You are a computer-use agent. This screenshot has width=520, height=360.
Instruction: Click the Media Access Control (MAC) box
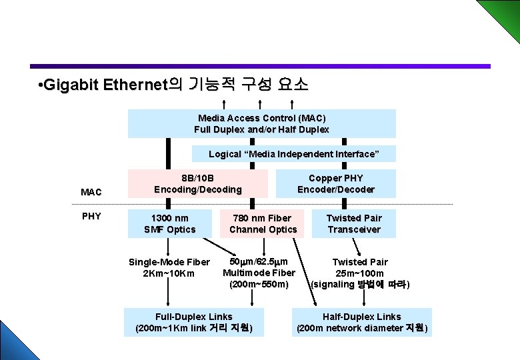click(261, 123)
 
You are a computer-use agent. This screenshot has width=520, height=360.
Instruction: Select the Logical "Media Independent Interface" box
click(293, 154)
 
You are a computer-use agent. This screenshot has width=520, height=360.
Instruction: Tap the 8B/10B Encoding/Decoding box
click(198, 183)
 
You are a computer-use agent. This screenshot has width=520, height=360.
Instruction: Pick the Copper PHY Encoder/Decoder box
click(335, 183)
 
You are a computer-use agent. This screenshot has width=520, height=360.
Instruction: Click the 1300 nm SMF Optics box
click(170, 223)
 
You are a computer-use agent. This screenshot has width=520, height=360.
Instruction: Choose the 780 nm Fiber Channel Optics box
click(263, 223)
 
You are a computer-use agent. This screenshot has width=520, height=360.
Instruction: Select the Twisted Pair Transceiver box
click(353, 223)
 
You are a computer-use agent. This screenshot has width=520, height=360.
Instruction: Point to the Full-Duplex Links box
click(193, 322)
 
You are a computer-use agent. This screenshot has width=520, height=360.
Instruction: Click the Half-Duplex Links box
click(361, 322)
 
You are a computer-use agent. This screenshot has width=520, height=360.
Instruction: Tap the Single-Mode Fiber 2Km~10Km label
click(169, 267)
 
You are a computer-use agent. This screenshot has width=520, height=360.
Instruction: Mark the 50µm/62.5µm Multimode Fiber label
click(259, 267)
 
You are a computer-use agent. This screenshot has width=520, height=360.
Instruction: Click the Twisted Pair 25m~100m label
click(360, 267)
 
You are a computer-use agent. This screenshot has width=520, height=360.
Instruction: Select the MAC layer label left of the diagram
click(91, 192)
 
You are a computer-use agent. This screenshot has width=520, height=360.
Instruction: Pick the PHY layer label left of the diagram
click(91, 216)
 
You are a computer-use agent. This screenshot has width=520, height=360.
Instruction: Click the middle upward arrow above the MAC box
click(259, 103)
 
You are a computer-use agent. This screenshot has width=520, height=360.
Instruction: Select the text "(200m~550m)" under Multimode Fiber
click(259, 284)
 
